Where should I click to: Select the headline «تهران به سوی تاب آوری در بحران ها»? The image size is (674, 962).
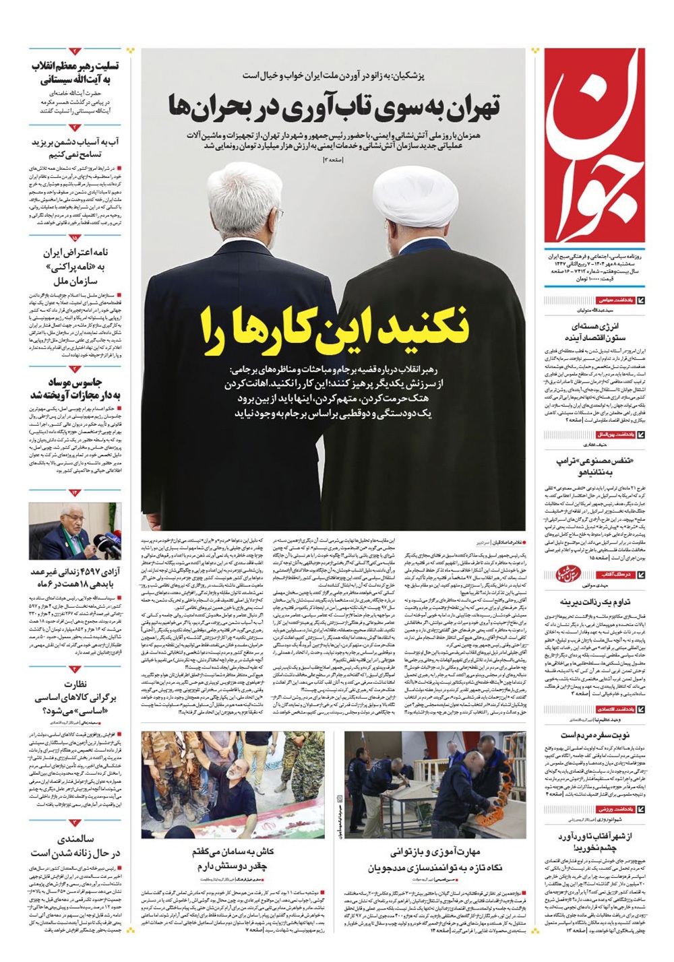tap(334, 108)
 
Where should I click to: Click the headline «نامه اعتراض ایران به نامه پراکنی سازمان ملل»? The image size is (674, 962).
tap(75, 267)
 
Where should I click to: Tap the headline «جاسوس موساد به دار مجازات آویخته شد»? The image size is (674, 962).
tap(75, 388)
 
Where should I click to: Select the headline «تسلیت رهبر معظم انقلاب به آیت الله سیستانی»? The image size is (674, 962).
tap(75, 73)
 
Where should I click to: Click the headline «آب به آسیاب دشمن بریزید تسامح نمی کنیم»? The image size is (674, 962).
tap(75, 148)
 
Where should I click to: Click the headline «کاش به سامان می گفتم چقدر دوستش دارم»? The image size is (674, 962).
tap(233, 859)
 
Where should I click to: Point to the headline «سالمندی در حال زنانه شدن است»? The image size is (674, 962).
tap(75, 846)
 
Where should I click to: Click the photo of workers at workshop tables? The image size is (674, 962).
tap(435, 785)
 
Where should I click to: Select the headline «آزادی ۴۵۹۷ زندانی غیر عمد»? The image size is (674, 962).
tap(75, 578)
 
